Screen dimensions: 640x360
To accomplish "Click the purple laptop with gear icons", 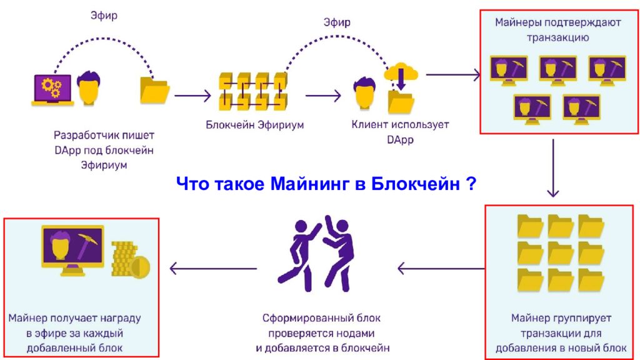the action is [52, 90].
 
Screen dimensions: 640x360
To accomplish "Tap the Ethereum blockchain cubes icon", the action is [253, 91].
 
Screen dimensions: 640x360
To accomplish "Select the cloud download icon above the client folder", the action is [401, 75].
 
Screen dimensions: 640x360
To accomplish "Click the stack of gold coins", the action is [131, 261].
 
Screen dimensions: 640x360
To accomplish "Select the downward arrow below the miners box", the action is [553, 168].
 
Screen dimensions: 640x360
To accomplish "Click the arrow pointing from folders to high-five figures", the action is [441, 269].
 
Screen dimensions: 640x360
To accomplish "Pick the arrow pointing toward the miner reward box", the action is [213, 269].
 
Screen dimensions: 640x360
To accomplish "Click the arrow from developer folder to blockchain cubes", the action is [192, 96].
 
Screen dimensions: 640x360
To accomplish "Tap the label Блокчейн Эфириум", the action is [255, 124].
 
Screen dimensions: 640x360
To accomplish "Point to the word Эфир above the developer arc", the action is [104, 16].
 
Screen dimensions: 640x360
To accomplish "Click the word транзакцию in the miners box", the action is [557, 37].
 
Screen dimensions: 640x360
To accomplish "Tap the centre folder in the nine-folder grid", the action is [561, 253].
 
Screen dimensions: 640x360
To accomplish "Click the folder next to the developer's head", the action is [155, 90].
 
